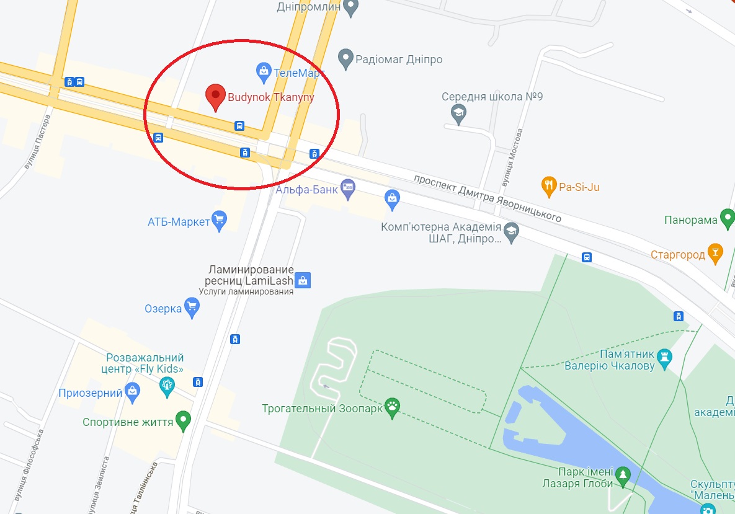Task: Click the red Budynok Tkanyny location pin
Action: pyautogui.click(x=215, y=97)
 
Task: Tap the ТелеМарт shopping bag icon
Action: pyautogui.click(x=264, y=72)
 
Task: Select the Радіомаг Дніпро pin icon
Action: pyautogui.click(x=345, y=60)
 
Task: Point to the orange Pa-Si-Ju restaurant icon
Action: pyautogui.click(x=548, y=185)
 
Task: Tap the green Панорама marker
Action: pyautogui.click(x=728, y=219)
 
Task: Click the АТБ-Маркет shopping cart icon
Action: pyautogui.click(x=219, y=220)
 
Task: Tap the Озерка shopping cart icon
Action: pyautogui.click(x=192, y=307)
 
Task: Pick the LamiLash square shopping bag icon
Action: pyautogui.click(x=303, y=280)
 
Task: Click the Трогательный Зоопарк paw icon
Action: pyautogui.click(x=392, y=408)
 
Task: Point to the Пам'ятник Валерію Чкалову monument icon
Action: pyautogui.click(x=664, y=358)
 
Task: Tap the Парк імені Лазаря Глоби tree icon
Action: pyautogui.click(x=622, y=476)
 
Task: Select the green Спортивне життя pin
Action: pyautogui.click(x=183, y=421)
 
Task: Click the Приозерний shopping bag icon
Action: pyautogui.click(x=131, y=392)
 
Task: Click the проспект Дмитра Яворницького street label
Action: pyautogui.click(x=489, y=197)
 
